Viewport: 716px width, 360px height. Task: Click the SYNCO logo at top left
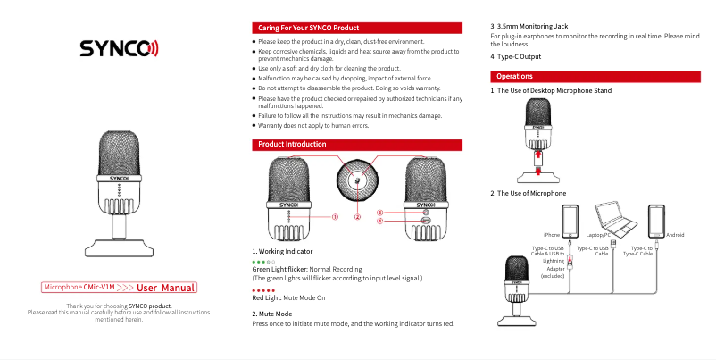pos(119,47)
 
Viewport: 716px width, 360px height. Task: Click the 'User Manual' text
pos(167,288)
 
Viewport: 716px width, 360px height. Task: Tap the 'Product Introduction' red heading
pos(292,144)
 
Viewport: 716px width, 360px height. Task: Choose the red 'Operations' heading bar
pos(514,77)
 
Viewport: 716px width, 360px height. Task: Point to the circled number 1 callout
pos(335,216)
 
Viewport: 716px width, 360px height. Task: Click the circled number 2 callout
pos(357,216)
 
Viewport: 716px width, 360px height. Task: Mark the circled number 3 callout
pos(379,213)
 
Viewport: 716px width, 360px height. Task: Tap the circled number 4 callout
pos(379,221)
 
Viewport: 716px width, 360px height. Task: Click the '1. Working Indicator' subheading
pos(282,252)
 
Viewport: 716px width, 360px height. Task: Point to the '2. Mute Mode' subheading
pos(272,314)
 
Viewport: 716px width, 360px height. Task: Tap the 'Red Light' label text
pos(266,297)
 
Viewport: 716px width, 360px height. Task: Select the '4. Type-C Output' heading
pos(516,57)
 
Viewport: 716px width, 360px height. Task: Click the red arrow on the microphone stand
pos(537,157)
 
